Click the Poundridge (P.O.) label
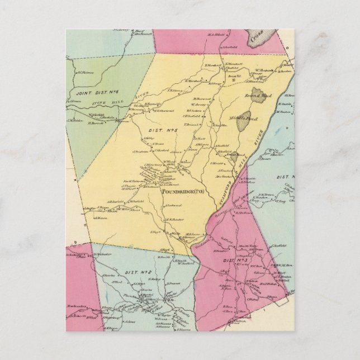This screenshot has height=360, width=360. (x=184, y=192)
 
